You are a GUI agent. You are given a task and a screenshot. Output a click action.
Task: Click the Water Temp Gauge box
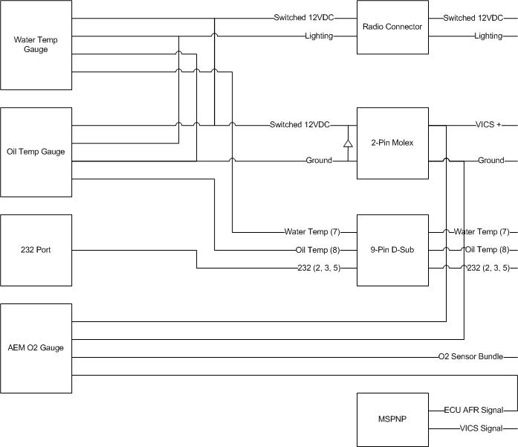pos(36,45)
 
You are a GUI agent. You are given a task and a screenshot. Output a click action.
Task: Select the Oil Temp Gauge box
pos(36,152)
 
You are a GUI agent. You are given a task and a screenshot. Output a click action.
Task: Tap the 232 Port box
pos(36,250)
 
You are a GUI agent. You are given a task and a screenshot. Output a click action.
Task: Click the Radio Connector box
pos(392,27)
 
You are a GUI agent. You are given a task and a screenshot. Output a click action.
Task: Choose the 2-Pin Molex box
pos(392,143)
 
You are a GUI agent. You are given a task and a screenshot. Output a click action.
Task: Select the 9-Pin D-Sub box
pos(392,250)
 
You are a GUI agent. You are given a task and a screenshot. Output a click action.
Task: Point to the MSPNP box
pos(392,419)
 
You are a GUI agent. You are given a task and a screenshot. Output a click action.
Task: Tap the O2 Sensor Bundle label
pos(471,357)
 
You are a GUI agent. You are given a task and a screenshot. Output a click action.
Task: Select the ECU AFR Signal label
pos(473,411)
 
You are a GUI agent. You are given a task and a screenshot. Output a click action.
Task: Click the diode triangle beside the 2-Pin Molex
pos(347,143)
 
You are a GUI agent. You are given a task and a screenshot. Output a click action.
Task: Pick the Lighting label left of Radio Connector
pos(318,36)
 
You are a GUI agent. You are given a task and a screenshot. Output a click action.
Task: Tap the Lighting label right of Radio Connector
pos(488,36)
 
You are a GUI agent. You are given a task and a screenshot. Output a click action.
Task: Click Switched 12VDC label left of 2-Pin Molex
pos(300,125)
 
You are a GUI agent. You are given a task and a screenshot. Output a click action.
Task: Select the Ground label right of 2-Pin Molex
pos(491,161)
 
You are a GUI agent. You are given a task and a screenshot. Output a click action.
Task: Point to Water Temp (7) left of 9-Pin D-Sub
pos(312,232)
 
